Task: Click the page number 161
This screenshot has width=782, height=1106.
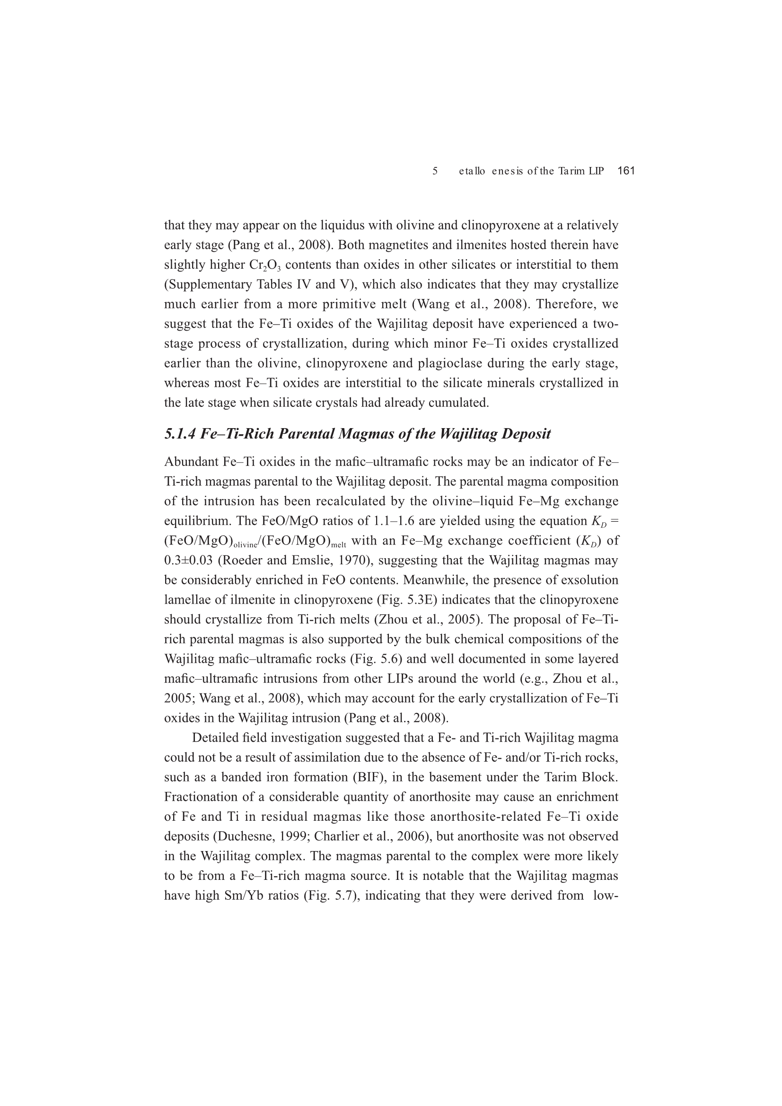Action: pyautogui.click(x=626, y=170)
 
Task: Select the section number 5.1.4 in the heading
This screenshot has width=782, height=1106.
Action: pyautogui.click(x=180, y=434)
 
